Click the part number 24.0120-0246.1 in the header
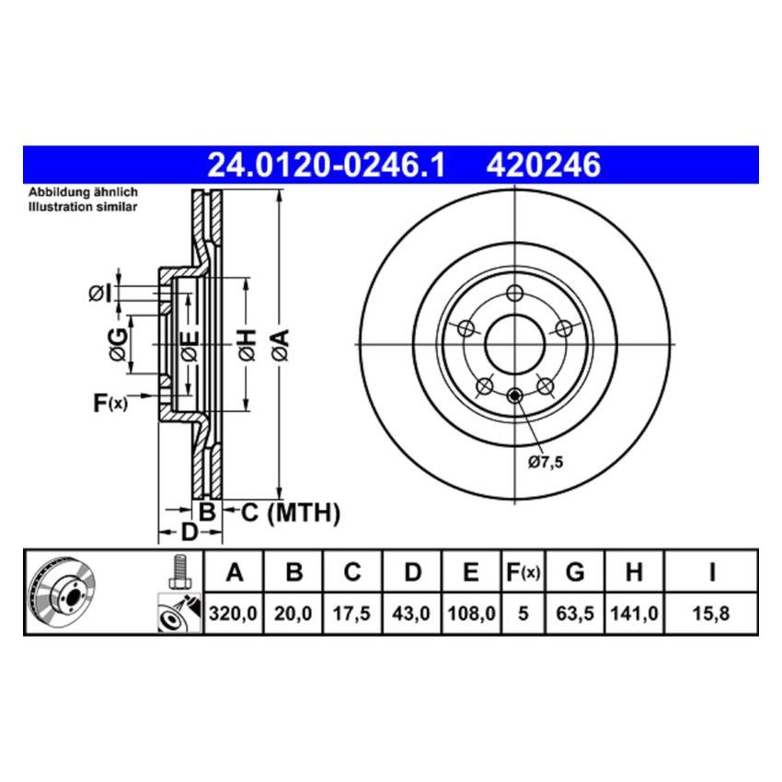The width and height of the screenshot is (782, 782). tap(326, 165)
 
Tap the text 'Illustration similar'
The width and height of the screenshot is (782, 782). tap(82, 208)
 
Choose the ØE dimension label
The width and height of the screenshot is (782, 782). tap(189, 346)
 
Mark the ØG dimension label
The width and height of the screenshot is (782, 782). tap(117, 344)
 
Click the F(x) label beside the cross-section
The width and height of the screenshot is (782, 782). tap(110, 402)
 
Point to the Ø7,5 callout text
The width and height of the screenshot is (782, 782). tap(545, 463)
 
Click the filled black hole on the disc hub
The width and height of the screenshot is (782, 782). tap(514, 397)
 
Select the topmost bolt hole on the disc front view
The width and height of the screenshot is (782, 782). tap(514, 293)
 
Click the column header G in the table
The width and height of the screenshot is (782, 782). tap(575, 573)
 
